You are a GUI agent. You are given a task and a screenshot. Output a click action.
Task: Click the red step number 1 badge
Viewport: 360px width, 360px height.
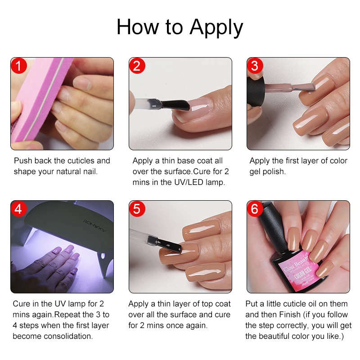point(19,66)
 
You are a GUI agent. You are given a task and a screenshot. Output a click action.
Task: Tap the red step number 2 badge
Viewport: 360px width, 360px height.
point(137,66)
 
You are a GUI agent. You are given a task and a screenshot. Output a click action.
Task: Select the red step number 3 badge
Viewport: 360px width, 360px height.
point(255,66)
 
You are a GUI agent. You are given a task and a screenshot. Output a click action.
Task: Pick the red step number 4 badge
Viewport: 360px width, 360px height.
point(19,209)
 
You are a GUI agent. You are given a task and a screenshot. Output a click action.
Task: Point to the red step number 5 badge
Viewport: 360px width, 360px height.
point(137,209)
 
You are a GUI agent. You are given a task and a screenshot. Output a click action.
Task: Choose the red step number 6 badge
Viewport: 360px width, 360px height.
point(255,209)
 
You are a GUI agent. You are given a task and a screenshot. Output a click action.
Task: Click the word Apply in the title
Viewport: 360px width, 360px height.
point(216,28)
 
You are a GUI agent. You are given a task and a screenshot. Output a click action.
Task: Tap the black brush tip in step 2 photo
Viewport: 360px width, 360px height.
point(173,106)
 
